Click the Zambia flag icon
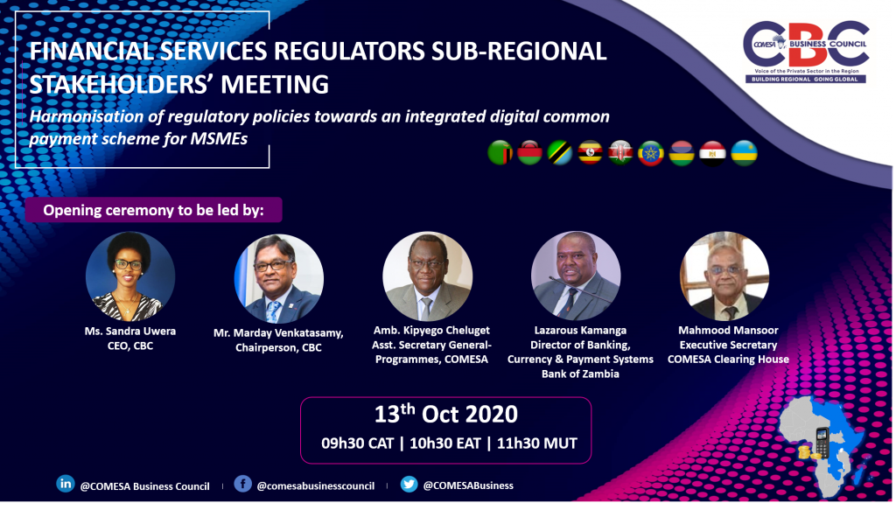click(500, 152)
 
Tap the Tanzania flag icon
click(559, 152)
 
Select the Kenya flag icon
click(620, 152)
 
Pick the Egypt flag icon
click(712, 152)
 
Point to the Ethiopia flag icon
click(650, 152)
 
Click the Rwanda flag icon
click(744, 152)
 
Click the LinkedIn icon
click(65, 484)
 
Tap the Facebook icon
click(243, 484)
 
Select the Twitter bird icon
click(409, 485)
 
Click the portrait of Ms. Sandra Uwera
click(130, 276)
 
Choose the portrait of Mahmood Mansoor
click(724, 276)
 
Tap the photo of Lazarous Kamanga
click(576, 276)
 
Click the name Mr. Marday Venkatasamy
click(278, 333)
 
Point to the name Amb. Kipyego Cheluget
click(431, 330)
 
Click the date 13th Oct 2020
click(445, 414)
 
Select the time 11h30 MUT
click(536, 444)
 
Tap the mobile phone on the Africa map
click(822, 443)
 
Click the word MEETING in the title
click(275, 85)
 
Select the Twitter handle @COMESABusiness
click(468, 486)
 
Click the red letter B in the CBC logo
click(806, 45)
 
